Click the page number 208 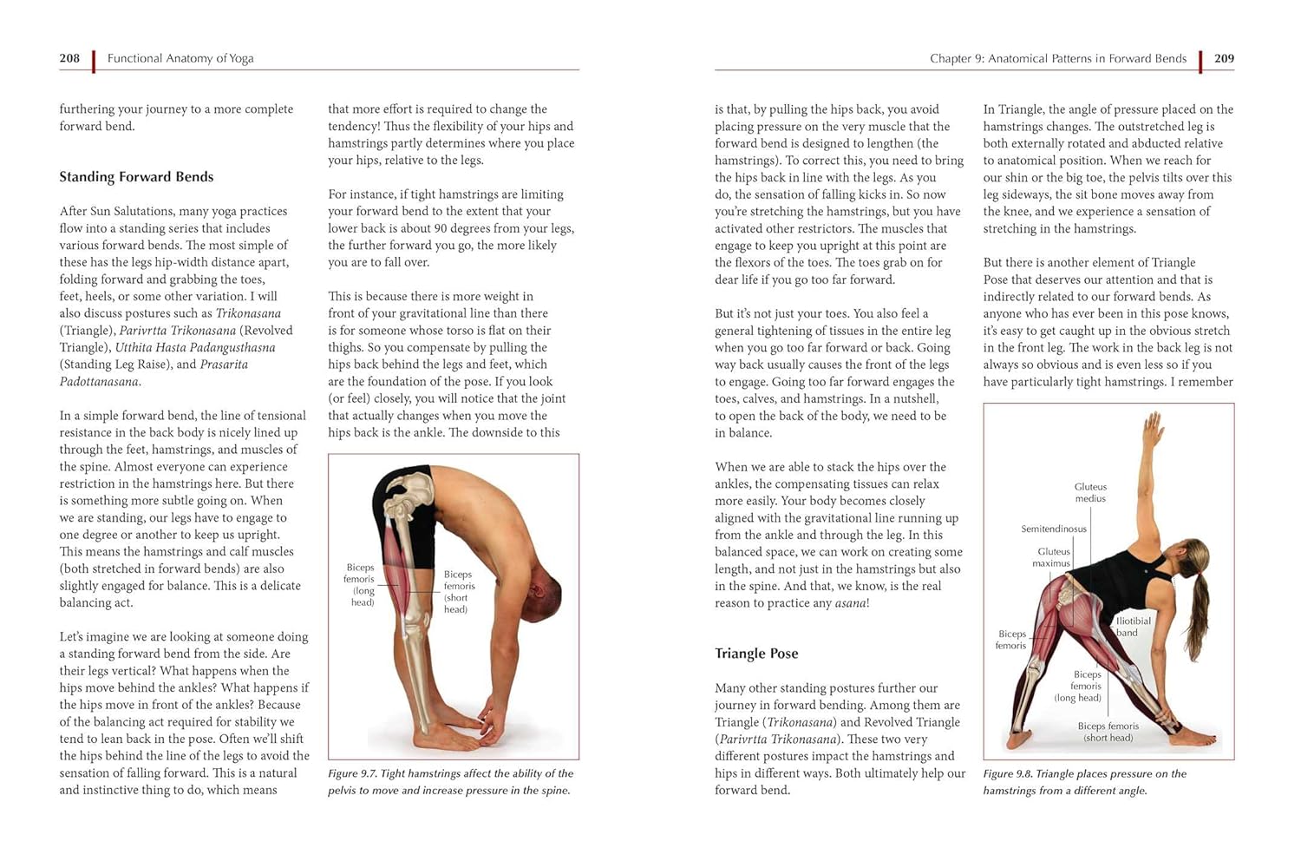(69, 58)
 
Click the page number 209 (1224, 58)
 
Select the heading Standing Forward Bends (136, 177)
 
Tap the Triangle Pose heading (756, 654)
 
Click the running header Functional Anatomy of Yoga (180, 58)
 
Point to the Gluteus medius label (1090, 492)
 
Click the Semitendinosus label (1054, 529)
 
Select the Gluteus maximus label (1051, 557)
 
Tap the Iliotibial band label (1133, 627)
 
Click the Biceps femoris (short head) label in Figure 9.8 (1108, 732)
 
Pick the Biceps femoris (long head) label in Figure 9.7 (360, 585)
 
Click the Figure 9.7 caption (450, 782)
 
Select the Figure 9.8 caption (1085, 782)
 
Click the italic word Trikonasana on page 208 (248, 313)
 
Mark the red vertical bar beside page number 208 (94, 62)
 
